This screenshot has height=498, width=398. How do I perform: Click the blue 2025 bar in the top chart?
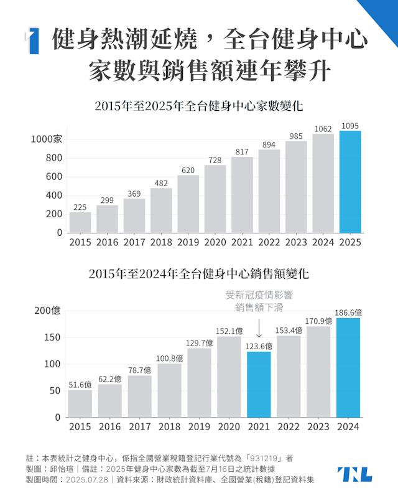(x=350, y=182)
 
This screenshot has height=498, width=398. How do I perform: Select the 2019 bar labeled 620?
(x=188, y=204)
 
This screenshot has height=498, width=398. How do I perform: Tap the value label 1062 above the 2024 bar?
(x=323, y=129)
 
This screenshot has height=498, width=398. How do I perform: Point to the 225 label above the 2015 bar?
(x=80, y=208)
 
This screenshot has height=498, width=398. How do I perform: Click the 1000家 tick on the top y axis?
(x=47, y=139)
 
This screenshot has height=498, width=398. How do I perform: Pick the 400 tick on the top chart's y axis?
(x=54, y=195)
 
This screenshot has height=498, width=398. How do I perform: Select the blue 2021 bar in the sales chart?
(x=259, y=384)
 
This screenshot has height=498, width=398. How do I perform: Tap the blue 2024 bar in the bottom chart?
(x=348, y=367)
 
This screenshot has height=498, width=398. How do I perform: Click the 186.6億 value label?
(x=348, y=312)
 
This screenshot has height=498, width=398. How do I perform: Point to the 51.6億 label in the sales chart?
(x=80, y=385)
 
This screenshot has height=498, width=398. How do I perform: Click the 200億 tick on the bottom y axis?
(x=48, y=311)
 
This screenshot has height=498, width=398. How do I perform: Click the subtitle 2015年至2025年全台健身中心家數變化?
(x=198, y=106)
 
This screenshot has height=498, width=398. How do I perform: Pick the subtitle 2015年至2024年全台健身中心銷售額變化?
(x=198, y=273)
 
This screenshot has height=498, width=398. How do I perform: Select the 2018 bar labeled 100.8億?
(x=169, y=390)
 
